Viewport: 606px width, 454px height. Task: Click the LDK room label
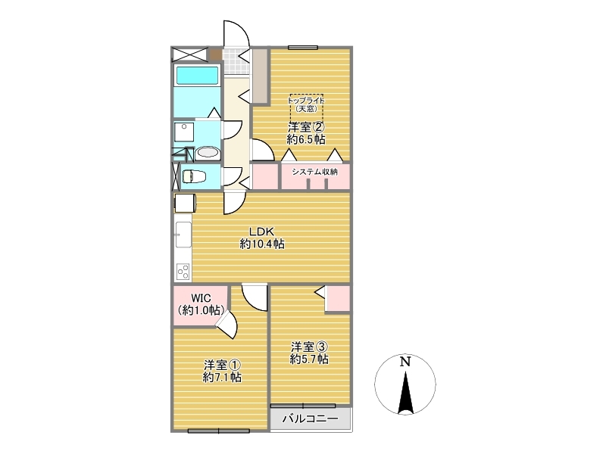pos(261,232)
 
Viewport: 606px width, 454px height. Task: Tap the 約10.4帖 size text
pos(262,244)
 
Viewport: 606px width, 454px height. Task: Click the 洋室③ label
pos(309,347)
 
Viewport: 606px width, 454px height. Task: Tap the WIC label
pos(201,298)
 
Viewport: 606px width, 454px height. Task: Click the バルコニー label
pos(311,418)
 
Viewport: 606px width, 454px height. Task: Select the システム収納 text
pos(314,172)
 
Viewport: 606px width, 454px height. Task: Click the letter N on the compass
pos(405,362)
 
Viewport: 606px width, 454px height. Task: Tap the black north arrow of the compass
pos(405,392)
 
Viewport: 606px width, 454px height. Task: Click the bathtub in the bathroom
pos(197,75)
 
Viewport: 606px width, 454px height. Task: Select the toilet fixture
pos(194,177)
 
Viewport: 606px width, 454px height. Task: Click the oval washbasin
pos(208,154)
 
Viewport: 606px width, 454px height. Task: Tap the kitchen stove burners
pos(183,272)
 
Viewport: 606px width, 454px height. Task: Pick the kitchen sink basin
pos(183,235)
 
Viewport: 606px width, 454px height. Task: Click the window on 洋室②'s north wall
pos(302,48)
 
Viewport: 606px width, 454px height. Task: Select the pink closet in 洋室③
pos(338,298)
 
